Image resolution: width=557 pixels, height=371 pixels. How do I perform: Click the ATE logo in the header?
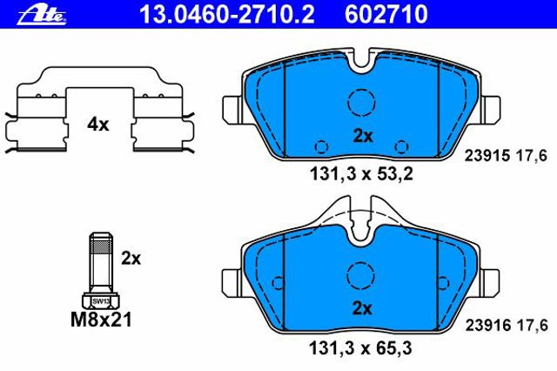point(42,15)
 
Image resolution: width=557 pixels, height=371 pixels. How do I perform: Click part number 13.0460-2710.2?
point(227,15)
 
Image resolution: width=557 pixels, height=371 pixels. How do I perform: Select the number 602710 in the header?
point(386,15)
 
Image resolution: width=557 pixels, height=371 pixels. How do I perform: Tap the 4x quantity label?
point(98,125)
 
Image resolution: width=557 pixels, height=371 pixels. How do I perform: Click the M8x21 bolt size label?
point(101,320)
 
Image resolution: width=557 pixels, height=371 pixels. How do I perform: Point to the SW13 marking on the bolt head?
point(101,301)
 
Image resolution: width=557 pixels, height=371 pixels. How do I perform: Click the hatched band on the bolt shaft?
point(102,246)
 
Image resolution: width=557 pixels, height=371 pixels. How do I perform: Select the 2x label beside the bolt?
point(131,259)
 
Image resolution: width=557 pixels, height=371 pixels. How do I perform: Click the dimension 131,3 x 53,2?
point(362,174)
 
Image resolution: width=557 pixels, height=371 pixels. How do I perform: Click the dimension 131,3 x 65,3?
point(361,347)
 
